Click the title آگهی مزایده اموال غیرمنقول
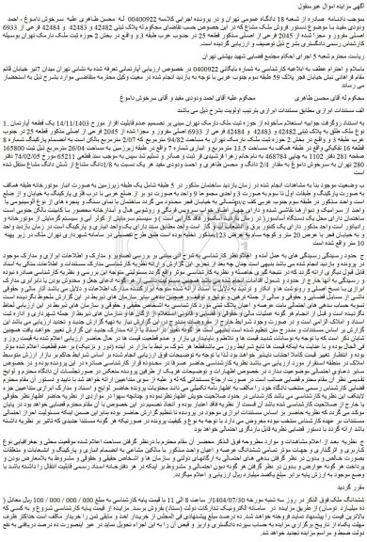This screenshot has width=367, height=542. pos(333,8)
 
